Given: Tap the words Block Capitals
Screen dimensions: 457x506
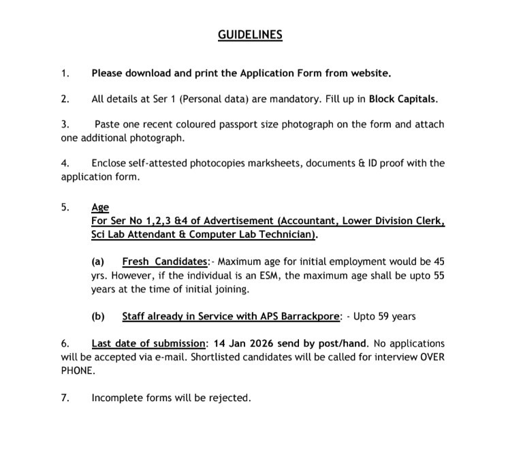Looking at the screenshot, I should tap(402, 99).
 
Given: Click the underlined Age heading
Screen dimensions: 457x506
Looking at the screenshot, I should tap(100, 208).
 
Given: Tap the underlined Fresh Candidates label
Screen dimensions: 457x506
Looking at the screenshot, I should tap(165, 262).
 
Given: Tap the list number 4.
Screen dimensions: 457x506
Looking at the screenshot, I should tap(65, 163).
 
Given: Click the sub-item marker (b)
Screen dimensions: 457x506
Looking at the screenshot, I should tap(98, 316).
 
